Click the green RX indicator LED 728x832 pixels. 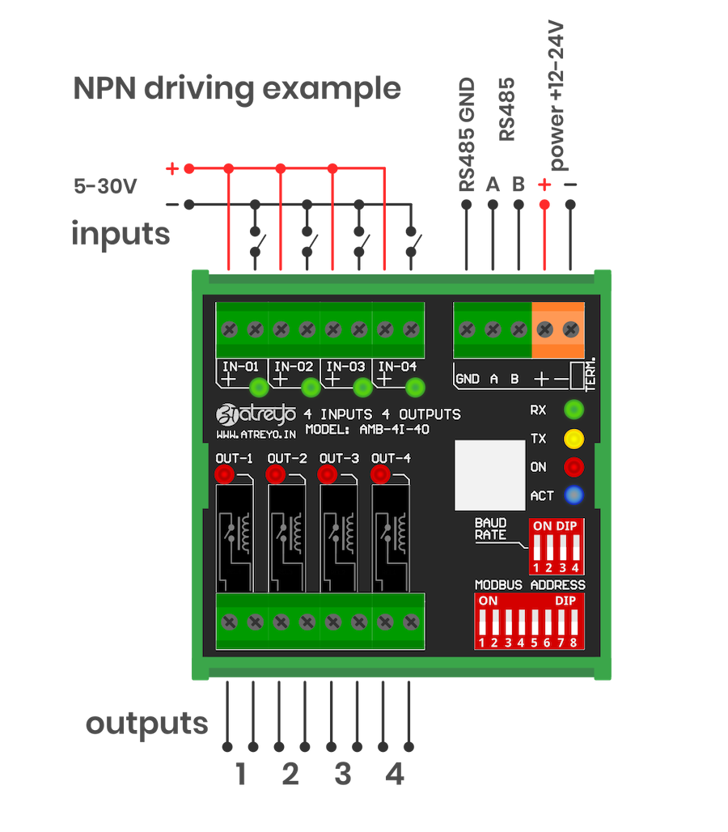coord(574,409)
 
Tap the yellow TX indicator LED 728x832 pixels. coord(574,439)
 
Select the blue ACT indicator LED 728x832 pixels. coord(574,495)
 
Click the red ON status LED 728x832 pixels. coord(574,467)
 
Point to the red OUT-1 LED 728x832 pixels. coord(225,473)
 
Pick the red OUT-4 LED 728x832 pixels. coord(380,473)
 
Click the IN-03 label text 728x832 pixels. coord(346,366)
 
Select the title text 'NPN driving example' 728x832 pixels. coord(237,88)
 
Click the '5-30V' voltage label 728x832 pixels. coord(104,186)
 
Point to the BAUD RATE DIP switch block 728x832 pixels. coord(555,545)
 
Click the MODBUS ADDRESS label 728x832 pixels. coord(530,584)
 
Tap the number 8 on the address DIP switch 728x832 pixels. coord(574,643)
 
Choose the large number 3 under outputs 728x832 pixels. coord(343,775)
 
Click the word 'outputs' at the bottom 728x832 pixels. coord(146,723)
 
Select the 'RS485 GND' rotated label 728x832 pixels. coord(467,135)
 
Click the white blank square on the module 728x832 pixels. coord(489,472)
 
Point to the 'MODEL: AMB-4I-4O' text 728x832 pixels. coord(367,430)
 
